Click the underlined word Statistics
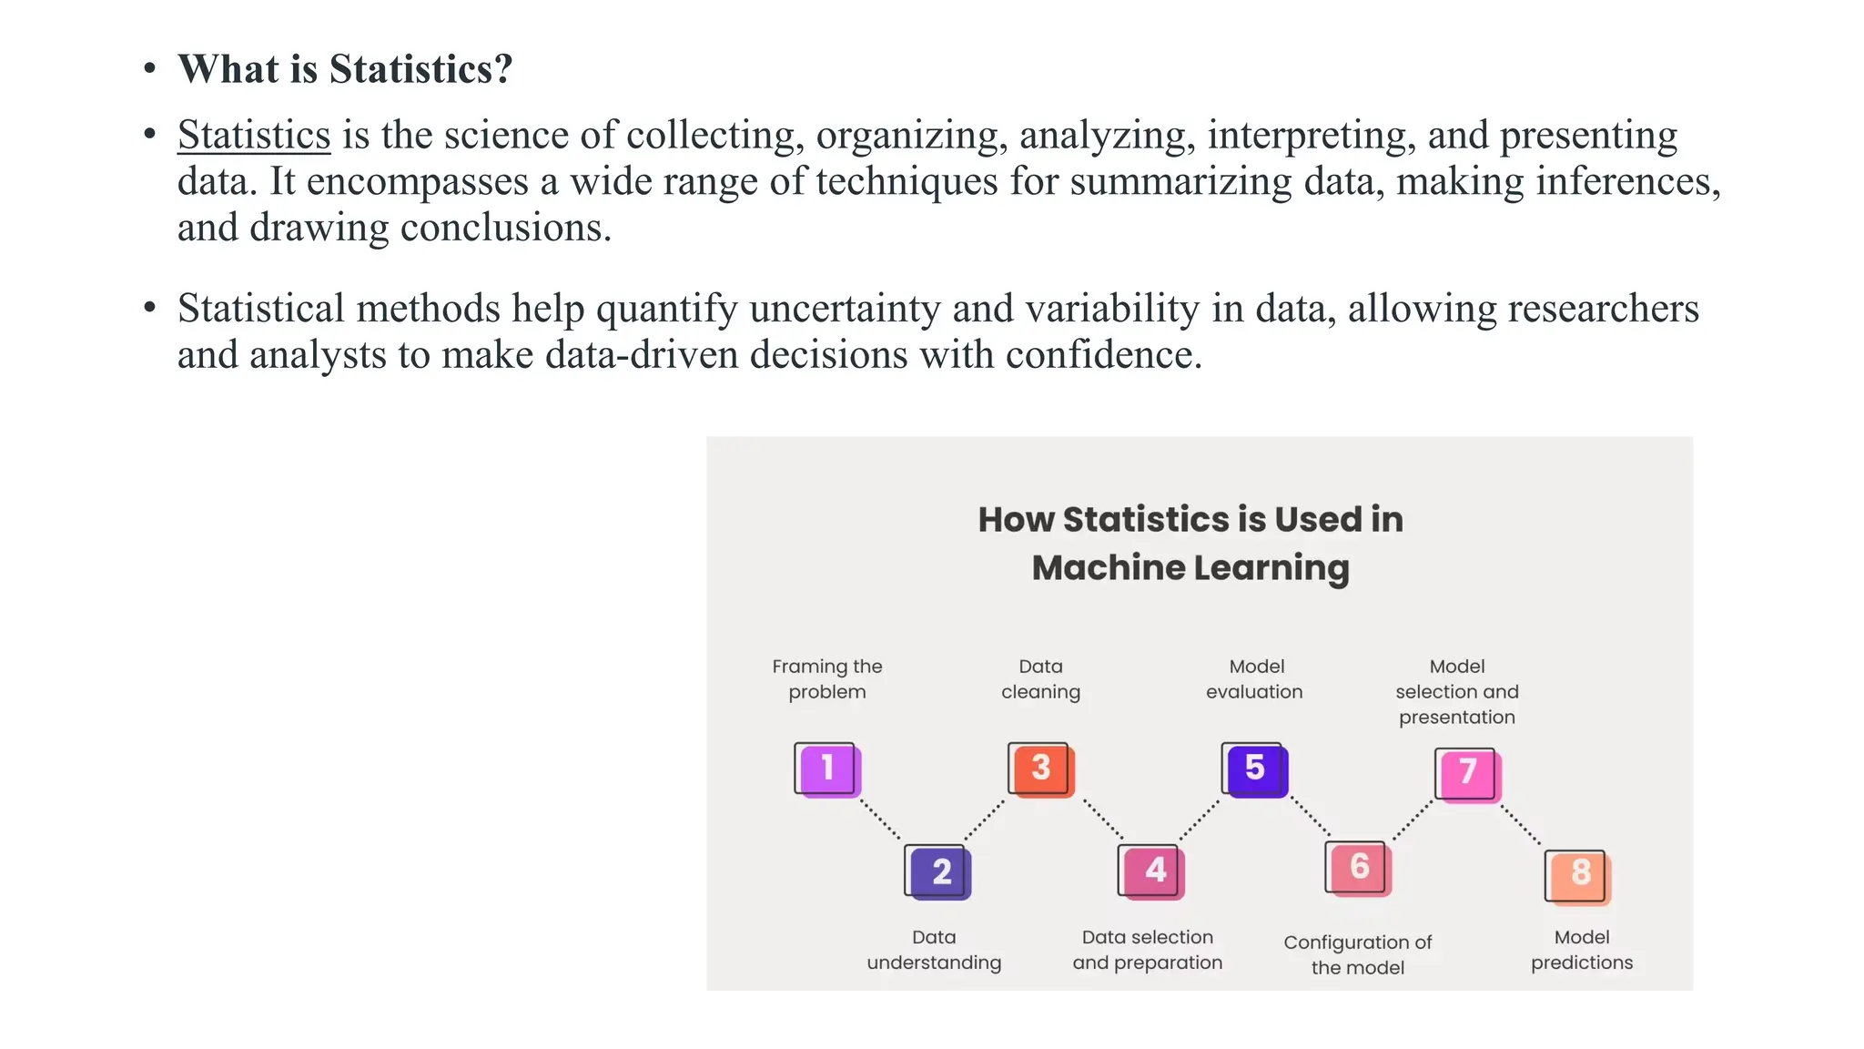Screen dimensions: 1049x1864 [x=254, y=136]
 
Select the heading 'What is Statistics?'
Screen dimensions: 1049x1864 [x=345, y=69]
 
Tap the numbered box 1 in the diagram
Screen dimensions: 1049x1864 [x=827, y=769]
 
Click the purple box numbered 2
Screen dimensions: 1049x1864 [x=939, y=872]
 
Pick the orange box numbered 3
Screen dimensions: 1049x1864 [x=1041, y=769]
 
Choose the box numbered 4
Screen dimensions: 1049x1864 [x=1153, y=871]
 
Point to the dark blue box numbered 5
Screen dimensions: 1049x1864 [x=1255, y=769]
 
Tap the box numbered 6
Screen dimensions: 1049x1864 [x=1358, y=869]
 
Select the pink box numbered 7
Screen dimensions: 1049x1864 [x=1468, y=774]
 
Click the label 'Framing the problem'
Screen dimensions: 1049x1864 [x=827, y=679]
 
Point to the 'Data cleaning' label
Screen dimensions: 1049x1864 [x=1041, y=679]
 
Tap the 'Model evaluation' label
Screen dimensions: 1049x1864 [x=1255, y=679]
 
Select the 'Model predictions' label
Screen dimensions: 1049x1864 [x=1582, y=950]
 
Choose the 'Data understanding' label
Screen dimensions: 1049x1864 [x=934, y=950]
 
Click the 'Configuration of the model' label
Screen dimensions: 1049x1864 [x=1358, y=954]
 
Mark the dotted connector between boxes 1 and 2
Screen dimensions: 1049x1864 [x=881, y=820]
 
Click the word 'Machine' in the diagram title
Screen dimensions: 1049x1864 [x=1108, y=568]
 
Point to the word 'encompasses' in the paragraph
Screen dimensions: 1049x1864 [x=417, y=181]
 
